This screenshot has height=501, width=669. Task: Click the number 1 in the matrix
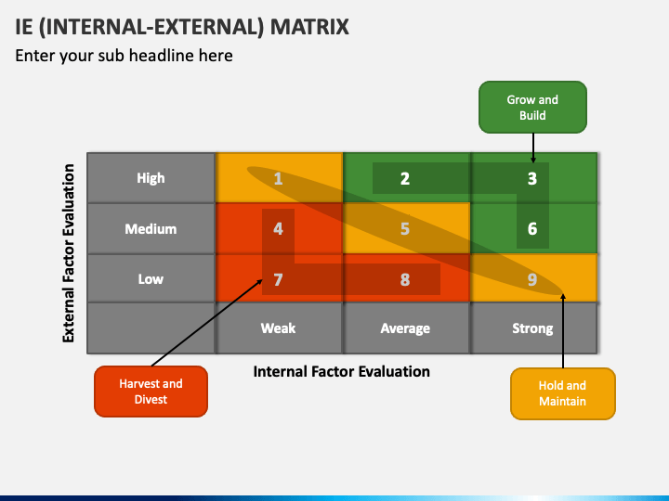[x=278, y=178]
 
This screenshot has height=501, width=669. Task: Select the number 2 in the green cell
[x=405, y=178]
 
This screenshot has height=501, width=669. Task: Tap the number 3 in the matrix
[x=532, y=178]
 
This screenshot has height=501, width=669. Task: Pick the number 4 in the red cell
[x=278, y=229]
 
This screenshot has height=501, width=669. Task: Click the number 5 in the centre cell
[x=405, y=229]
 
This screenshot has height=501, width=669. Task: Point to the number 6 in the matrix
[x=532, y=229]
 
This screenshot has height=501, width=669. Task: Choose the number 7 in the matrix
[x=278, y=279]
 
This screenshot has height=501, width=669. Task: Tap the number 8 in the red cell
[x=405, y=279]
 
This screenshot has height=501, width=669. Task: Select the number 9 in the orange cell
[x=532, y=279]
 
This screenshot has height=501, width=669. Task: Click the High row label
[x=151, y=178]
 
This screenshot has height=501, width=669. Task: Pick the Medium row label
[x=151, y=229]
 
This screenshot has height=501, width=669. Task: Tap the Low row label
[x=151, y=279]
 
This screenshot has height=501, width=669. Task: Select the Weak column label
[x=278, y=328]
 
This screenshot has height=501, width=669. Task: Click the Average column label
[x=405, y=328]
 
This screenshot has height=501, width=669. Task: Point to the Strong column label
[x=532, y=328]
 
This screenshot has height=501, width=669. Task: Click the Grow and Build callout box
[x=532, y=108]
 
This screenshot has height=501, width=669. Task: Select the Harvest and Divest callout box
[x=151, y=392]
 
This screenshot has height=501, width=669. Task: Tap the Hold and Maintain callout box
[x=563, y=393]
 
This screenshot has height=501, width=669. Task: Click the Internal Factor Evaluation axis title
[x=341, y=371]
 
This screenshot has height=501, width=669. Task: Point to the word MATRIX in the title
[x=309, y=26]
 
